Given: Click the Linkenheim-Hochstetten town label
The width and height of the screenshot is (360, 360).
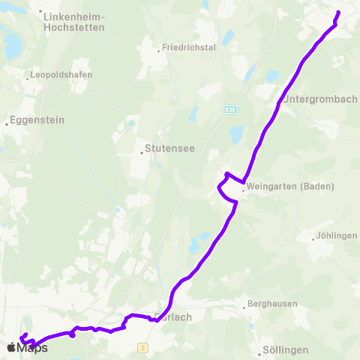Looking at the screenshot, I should pyautogui.click(x=74, y=21).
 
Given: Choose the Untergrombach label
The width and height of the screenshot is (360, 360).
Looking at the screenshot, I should pyautogui.click(x=319, y=100).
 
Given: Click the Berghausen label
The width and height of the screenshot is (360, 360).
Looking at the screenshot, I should pyautogui.click(x=274, y=304).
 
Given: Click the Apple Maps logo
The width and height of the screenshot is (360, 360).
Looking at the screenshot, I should pyautogui.click(x=27, y=347).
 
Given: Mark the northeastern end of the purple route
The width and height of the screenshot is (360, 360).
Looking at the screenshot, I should pyautogui.click(x=338, y=13).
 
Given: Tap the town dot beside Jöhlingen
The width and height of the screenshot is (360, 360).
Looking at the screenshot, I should pyautogui.click(x=313, y=239).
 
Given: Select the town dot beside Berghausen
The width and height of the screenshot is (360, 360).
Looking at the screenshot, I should pyautogui.click(x=244, y=305).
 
